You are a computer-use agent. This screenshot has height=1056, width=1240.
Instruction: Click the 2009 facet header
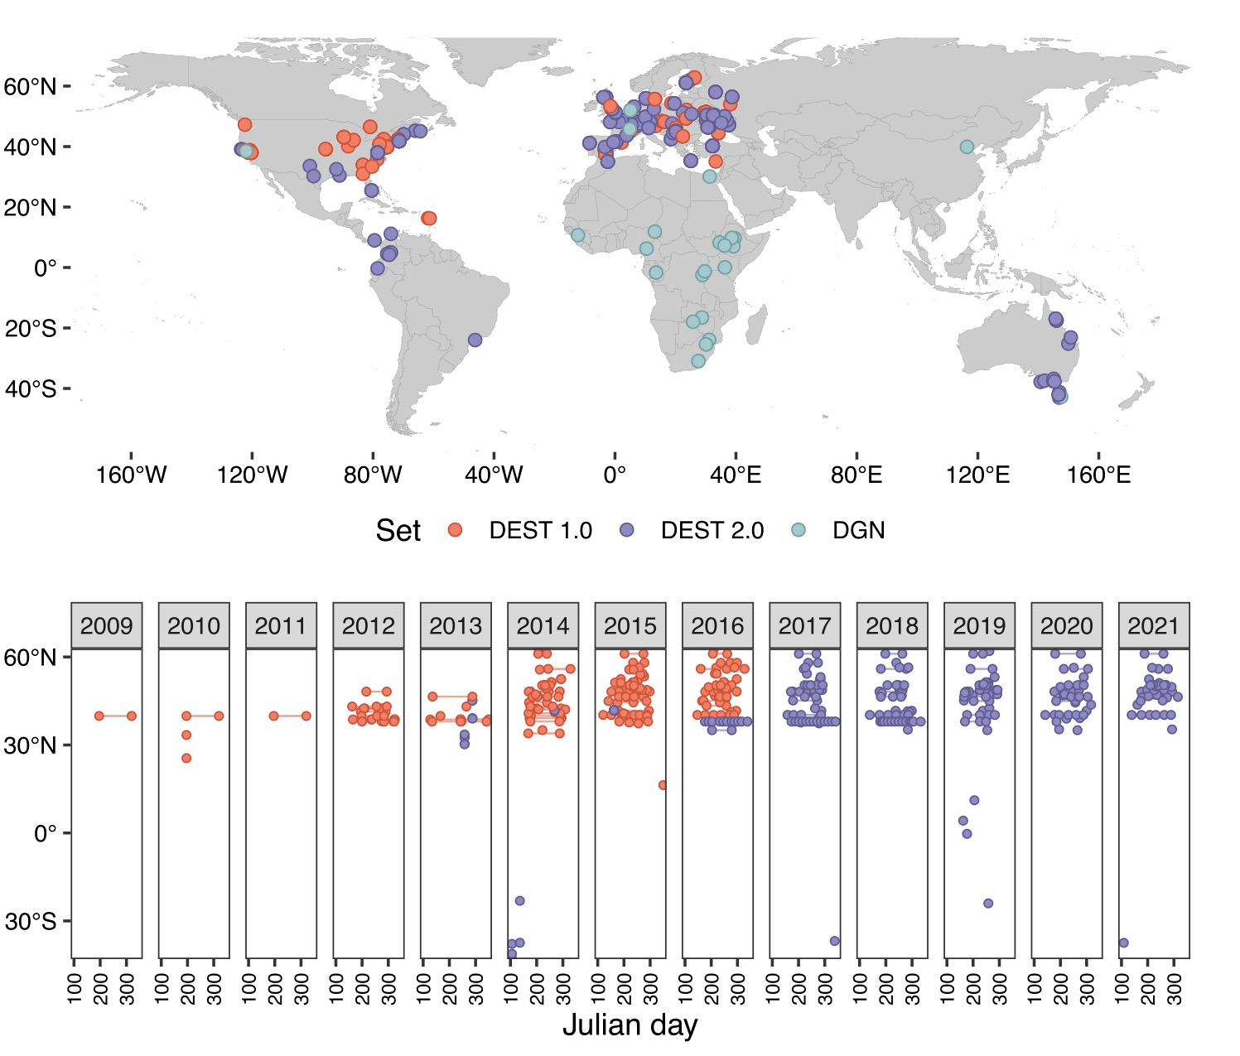coord(107,625)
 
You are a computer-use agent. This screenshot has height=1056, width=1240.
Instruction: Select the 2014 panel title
coord(543,625)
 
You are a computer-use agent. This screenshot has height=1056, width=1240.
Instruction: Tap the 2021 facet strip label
coord(1153,625)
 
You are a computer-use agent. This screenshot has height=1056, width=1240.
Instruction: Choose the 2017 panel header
coord(804,625)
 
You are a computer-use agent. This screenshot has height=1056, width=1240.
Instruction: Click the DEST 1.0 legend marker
coord(455,530)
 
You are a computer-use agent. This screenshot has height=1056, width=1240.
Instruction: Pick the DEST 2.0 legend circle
coord(627,530)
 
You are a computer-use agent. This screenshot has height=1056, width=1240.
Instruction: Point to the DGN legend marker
coord(799,530)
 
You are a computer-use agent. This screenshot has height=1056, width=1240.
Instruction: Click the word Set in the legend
coord(398,531)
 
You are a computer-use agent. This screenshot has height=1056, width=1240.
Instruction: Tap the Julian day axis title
coord(630,1025)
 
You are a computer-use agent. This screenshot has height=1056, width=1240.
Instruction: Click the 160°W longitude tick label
coord(132,475)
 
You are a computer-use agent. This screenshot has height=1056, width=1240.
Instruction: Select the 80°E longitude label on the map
coord(856,475)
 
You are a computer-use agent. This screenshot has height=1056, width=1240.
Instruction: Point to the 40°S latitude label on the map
coord(31,388)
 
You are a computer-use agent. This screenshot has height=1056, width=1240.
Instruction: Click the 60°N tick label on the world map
coord(31,86)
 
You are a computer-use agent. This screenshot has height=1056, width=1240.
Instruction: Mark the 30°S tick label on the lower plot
coord(31,921)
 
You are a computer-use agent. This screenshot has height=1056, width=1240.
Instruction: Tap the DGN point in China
coord(967,147)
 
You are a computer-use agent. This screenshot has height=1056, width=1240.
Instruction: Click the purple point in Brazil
coord(475,340)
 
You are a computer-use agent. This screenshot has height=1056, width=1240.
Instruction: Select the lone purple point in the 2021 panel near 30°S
coord(1124,943)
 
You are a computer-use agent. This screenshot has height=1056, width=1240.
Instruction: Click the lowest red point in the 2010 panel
coord(186,758)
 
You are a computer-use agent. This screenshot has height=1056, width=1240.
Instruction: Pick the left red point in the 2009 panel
coord(99,716)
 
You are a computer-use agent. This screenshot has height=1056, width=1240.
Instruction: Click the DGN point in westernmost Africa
coord(577,235)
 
